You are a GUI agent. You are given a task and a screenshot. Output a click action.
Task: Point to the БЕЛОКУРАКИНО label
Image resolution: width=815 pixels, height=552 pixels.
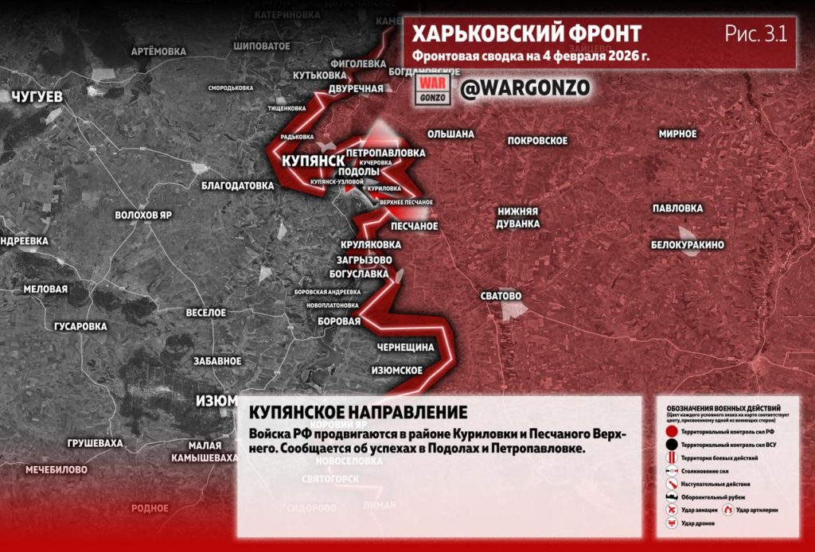click(x=687, y=245)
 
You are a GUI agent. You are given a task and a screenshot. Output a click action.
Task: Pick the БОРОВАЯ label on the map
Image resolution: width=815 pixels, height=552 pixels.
click(x=340, y=321)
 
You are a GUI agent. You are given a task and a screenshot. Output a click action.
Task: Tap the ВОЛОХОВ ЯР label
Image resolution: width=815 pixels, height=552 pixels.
click(x=143, y=216)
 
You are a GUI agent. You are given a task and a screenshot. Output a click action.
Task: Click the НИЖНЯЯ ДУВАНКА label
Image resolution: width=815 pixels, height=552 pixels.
click(x=518, y=217)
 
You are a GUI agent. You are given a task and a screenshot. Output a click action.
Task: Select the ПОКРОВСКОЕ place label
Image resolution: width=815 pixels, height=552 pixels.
click(x=537, y=141)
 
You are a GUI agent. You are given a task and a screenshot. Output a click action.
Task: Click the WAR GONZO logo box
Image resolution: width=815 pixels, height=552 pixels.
click(x=435, y=88)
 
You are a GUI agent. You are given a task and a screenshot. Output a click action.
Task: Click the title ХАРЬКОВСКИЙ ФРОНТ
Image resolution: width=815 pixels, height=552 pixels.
click(x=527, y=34)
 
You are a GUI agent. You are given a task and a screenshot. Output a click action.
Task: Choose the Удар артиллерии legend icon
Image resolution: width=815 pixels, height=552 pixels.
click(x=728, y=509)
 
